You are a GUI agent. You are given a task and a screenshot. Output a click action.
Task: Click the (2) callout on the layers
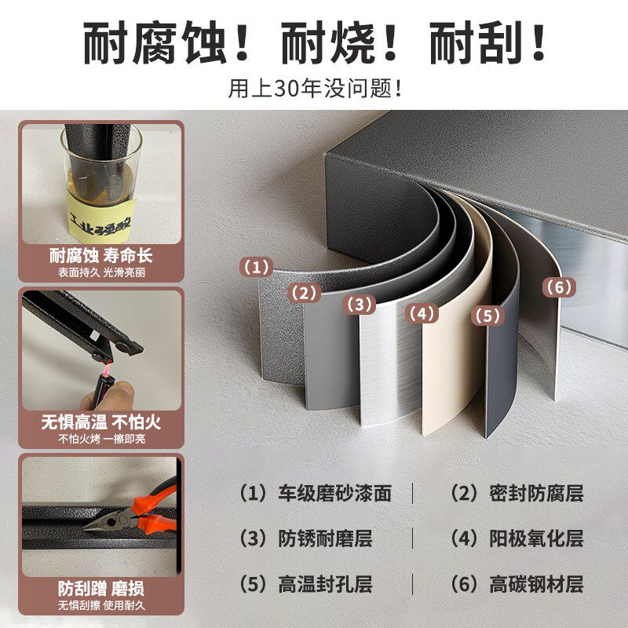305,294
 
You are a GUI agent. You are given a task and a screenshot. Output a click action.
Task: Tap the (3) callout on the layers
360,304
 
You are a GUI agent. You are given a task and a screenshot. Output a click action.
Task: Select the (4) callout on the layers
422,313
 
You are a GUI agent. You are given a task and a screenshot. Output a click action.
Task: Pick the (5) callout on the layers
487,316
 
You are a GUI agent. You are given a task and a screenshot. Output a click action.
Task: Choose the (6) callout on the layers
558,287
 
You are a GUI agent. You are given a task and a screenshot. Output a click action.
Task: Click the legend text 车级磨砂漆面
334,494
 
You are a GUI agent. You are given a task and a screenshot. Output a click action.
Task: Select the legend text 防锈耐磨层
325,539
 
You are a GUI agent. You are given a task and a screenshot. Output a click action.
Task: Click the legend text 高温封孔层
325,585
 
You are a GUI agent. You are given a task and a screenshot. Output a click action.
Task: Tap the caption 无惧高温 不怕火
101,422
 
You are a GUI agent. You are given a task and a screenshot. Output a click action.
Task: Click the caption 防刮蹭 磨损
101,588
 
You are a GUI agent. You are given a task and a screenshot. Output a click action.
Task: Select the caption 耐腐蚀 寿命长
101,256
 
